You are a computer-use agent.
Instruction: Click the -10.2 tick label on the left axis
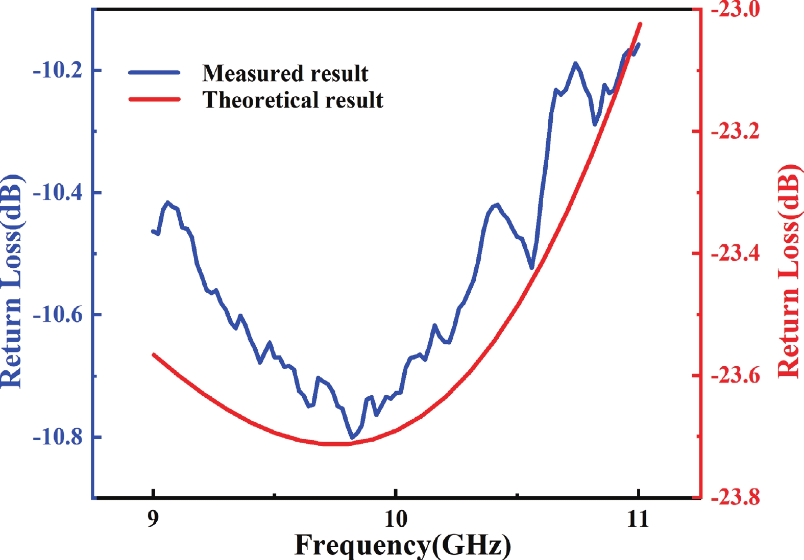point(57,70)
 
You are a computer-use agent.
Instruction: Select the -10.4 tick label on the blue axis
point(57,193)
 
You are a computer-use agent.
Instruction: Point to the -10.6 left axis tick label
point(57,315)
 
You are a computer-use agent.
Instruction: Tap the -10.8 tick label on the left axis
point(57,438)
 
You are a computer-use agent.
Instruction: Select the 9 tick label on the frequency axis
point(153,519)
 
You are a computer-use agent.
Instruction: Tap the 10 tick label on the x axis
point(396,519)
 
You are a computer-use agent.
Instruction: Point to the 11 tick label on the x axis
point(638,519)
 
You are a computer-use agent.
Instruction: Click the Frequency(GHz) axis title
point(402,545)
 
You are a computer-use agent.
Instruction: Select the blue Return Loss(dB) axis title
point(12,282)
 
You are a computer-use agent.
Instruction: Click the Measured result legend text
point(285,73)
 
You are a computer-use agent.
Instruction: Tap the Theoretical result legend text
point(293,100)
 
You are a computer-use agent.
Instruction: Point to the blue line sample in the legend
point(154,73)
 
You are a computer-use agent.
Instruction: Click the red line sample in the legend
point(154,99)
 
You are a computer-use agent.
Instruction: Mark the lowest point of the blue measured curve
point(352,438)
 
